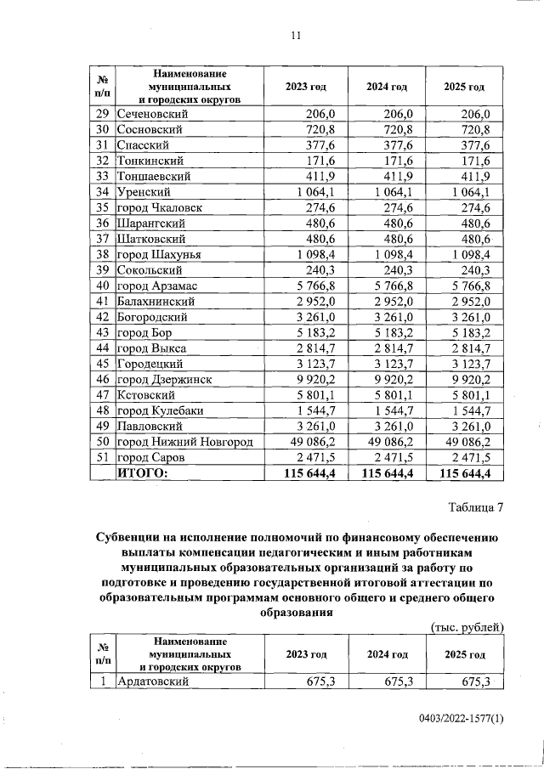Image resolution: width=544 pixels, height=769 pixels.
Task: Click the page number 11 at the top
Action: (296, 35)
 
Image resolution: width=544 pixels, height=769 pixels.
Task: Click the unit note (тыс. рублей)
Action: (465, 627)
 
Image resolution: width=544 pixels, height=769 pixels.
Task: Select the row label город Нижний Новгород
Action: (184, 442)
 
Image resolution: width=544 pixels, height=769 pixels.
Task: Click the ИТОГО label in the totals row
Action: (143, 472)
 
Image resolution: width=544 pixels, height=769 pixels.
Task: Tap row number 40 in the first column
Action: (102, 285)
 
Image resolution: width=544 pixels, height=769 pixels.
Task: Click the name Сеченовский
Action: (153, 114)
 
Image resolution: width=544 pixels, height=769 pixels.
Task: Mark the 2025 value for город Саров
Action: (473, 457)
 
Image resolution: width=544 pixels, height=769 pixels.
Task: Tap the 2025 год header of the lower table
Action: (465, 654)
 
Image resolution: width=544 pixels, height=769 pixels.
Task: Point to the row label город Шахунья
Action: (161, 254)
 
